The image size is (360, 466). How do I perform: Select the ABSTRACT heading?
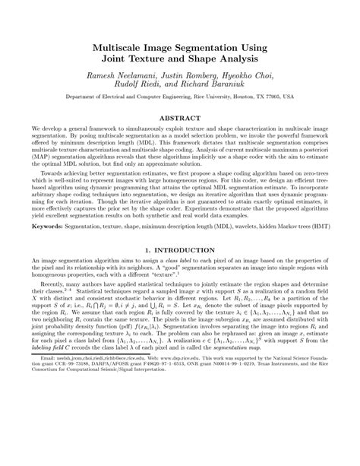pos(180,119)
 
